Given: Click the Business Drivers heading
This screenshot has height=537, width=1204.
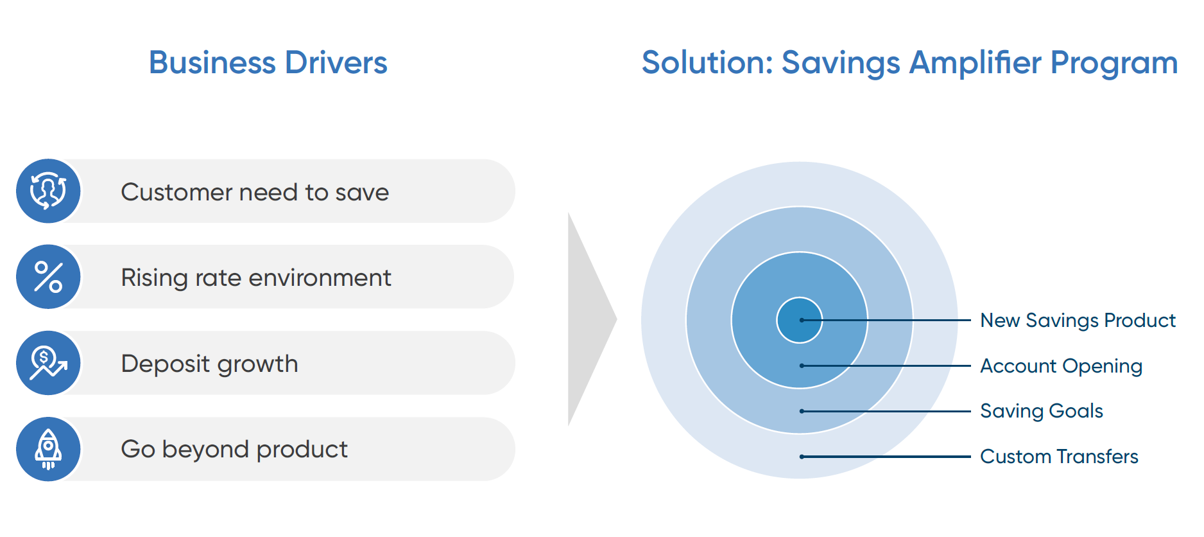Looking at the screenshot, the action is (268, 63).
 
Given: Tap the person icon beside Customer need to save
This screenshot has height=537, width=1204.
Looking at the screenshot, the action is (48, 191).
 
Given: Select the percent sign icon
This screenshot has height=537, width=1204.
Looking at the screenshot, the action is (48, 277).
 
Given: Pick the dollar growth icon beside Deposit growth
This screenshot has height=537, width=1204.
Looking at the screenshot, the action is (48, 363).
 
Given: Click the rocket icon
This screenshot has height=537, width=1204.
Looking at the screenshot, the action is (48, 449).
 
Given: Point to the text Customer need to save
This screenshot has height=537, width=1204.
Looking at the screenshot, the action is (255, 192).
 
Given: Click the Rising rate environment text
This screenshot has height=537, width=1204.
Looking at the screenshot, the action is (256, 278).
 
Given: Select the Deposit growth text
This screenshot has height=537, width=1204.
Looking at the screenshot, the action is (209, 364).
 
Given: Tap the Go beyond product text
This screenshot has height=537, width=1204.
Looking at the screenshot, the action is (234, 450).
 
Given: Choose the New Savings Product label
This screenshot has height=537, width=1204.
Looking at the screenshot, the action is (1078, 320).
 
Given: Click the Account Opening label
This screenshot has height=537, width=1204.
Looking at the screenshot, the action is (1062, 366).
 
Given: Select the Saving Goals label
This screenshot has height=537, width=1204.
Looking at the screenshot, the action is (1042, 411).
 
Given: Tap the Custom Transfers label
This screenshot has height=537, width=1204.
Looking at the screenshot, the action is (1059, 457).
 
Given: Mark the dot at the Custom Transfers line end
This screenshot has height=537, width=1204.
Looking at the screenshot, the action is (802, 457).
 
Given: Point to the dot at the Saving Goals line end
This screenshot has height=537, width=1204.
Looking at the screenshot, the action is (802, 411).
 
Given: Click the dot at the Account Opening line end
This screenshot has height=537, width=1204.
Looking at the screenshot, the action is (802, 365).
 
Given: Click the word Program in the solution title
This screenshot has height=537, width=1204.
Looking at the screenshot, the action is (1114, 63).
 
